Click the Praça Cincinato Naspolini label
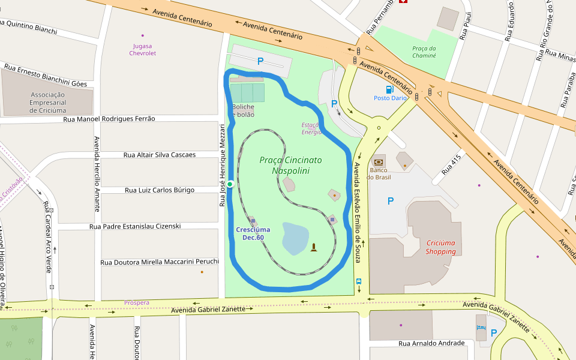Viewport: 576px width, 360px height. pos(290,166)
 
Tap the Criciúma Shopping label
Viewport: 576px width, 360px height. pos(441,247)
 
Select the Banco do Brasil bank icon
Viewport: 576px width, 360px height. pos(379,162)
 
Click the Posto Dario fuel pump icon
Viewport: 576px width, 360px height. pos(389,89)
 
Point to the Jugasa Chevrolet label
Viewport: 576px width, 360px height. pos(143,49)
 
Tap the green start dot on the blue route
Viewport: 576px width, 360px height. pos(230,184)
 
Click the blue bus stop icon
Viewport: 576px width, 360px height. pos(359,281)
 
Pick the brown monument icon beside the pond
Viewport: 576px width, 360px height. pos(313,247)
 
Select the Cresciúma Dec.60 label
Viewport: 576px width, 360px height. pos(253,233)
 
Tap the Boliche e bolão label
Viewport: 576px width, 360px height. pos(243,110)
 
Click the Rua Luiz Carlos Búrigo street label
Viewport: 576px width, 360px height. pos(160,190)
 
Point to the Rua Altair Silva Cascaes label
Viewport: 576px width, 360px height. pos(160,155)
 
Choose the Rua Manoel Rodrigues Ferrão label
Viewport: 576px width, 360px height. pos(109,119)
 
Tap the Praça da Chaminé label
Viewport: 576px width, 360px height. pos(424,52)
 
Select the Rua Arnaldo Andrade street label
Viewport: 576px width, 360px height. pos(432,343)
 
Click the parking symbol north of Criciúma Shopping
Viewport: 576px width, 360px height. pos(391,201)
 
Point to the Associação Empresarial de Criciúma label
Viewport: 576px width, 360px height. pos(48,103)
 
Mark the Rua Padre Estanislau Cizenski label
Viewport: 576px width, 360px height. pos(135,226)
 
